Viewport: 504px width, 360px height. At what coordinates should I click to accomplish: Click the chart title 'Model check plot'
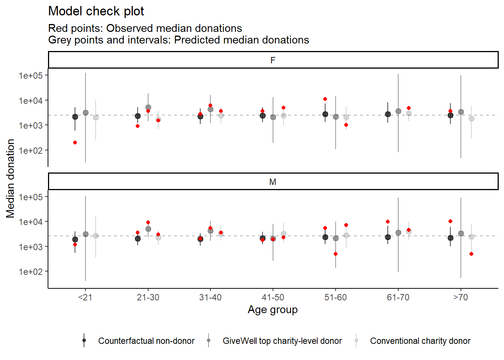(x=96, y=11)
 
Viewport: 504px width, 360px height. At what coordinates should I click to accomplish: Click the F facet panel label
(x=273, y=60)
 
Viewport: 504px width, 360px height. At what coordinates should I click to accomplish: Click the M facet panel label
(x=273, y=182)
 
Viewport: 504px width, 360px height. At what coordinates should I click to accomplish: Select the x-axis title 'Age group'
(x=273, y=310)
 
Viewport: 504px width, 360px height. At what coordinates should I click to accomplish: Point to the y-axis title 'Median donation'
(x=10, y=178)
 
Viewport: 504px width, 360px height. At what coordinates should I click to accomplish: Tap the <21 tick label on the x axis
(x=85, y=297)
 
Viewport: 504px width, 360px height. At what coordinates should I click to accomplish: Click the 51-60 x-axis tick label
(x=335, y=297)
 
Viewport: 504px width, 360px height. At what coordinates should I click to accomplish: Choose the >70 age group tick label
(x=460, y=297)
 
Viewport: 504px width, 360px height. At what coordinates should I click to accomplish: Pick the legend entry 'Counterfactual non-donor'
(x=146, y=341)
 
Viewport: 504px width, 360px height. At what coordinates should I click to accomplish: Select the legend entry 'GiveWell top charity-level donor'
(x=282, y=341)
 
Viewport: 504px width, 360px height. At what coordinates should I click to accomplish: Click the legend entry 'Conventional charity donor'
(x=420, y=341)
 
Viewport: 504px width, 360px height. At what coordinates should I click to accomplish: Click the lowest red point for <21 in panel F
(x=75, y=142)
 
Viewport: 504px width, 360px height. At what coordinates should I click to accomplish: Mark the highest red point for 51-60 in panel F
(x=325, y=99)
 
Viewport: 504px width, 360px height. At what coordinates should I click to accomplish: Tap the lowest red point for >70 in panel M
(x=471, y=254)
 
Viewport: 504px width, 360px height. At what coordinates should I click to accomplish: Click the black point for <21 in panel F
(x=75, y=117)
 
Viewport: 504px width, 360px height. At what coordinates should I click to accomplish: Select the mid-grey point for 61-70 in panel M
(x=398, y=233)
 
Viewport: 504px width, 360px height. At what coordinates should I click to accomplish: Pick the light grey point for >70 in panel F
(x=471, y=118)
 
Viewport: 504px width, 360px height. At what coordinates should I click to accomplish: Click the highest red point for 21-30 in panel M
(x=148, y=222)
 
